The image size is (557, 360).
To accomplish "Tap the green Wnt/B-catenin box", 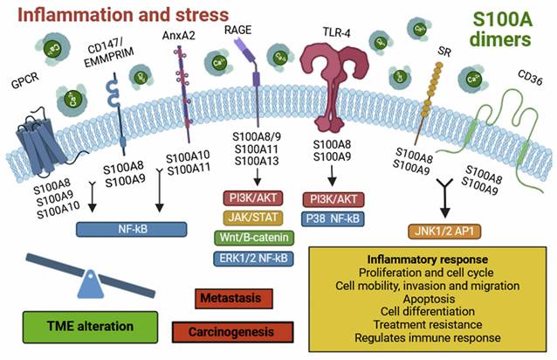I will click(257, 237).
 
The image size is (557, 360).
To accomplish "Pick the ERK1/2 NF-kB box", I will click(257, 257).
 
